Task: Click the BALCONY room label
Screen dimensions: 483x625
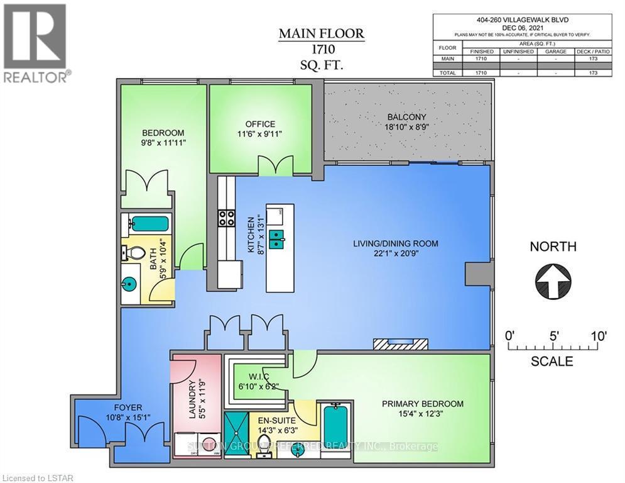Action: tap(406, 117)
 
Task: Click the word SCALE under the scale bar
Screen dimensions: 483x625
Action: tap(552, 362)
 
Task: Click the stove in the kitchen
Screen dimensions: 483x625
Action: tap(226, 218)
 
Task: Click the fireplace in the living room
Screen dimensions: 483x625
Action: tap(400, 343)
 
